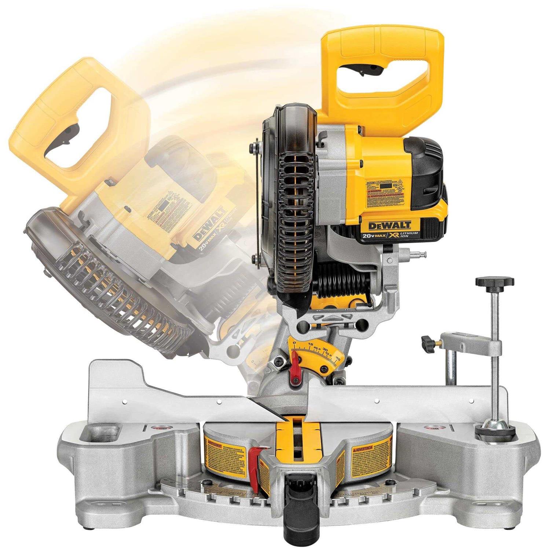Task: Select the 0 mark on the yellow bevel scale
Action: click(x=294, y=343)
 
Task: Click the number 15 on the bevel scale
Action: click(x=311, y=344)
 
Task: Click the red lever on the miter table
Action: click(x=254, y=454)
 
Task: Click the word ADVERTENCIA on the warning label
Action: click(x=362, y=449)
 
